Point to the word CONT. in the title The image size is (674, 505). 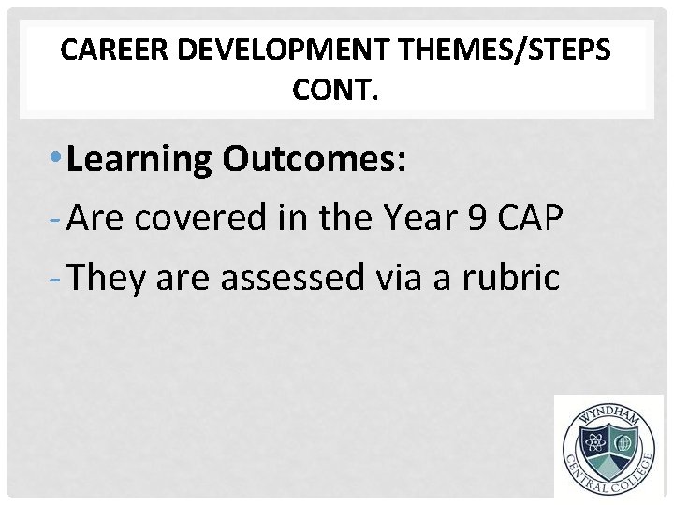coord(337,92)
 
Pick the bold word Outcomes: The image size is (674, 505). coord(315,160)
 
